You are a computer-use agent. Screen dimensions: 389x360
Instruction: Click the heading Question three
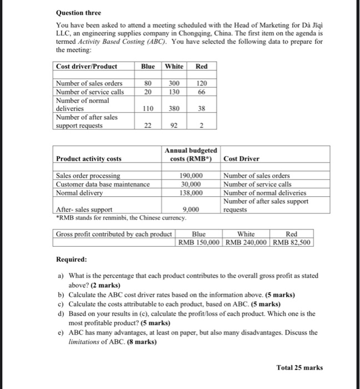click(x=78, y=12)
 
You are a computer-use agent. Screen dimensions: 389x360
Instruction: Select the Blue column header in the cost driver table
click(x=148, y=67)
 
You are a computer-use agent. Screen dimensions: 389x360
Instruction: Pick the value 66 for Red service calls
click(x=202, y=92)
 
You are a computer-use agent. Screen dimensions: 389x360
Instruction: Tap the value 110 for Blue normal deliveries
click(x=148, y=109)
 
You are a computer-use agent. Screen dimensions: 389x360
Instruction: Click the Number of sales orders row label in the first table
click(x=89, y=84)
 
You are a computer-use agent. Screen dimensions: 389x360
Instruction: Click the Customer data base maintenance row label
click(x=103, y=184)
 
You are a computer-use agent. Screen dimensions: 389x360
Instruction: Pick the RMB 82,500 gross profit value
click(x=292, y=242)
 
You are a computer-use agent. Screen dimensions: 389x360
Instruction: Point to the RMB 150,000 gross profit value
click(x=199, y=242)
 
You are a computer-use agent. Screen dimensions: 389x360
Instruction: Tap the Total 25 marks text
click(x=299, y=367)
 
